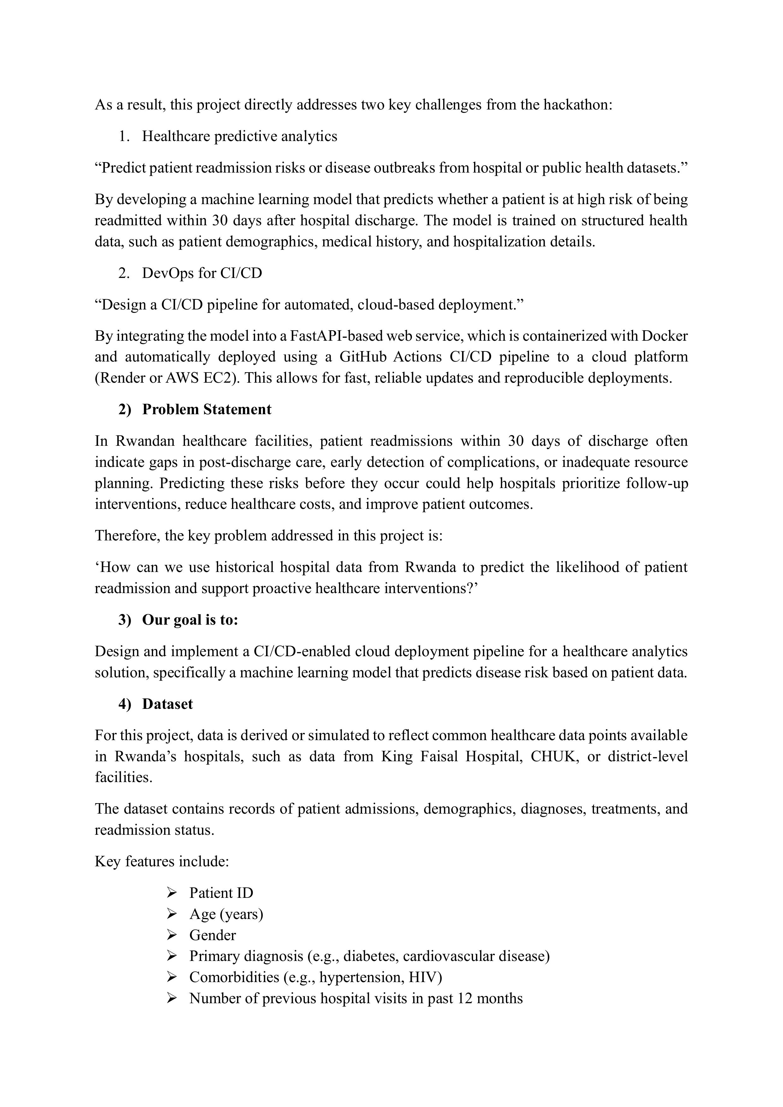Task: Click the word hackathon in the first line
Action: tap(578, 105)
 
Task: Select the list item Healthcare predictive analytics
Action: tap(239, 137)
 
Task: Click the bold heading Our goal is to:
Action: tap(190, 620)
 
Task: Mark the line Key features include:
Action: tap(162, 862)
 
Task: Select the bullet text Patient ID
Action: tap(221, 893)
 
